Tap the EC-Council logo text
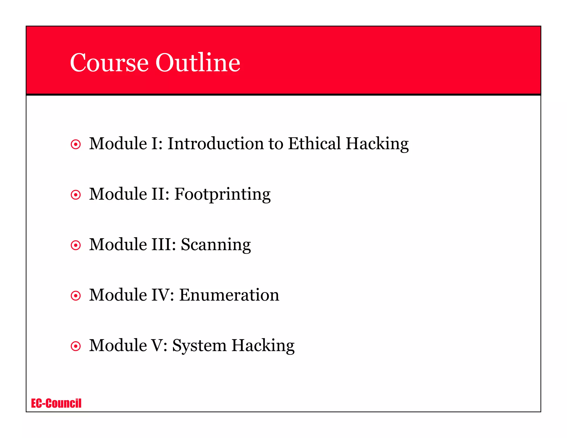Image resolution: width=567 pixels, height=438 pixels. tap(56, 403)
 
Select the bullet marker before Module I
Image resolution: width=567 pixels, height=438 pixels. tap(76, 145)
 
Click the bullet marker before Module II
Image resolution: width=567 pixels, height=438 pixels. tap(76, 195)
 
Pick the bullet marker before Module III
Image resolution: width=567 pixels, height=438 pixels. tap(76, 245)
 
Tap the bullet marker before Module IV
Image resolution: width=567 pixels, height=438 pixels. tap(76, 296)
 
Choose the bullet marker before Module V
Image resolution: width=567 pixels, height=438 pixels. tap(76, 346)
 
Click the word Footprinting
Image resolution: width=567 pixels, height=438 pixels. tap(222, 194)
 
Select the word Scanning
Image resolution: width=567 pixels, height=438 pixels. tap(216, 245)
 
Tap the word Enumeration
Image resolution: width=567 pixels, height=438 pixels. tap(229, 295)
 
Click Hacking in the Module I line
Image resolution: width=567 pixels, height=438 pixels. tap(377, 144)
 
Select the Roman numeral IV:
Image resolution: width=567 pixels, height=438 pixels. tap(163, 295)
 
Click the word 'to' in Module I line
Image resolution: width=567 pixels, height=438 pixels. tap(276, 144)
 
